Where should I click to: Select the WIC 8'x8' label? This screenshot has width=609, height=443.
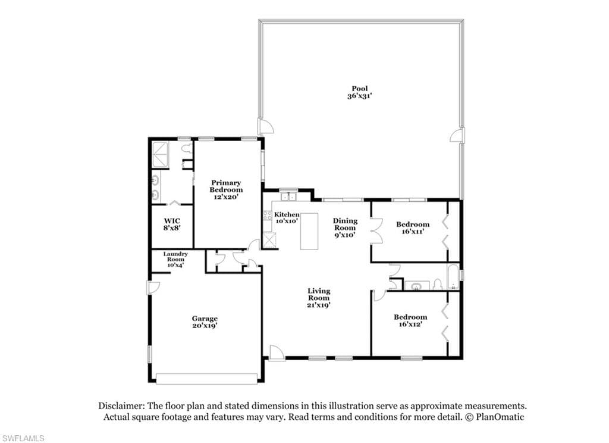coord(172,224)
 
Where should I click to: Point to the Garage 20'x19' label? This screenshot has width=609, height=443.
coord(205,322)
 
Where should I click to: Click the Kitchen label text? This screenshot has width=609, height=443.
coord(287,214)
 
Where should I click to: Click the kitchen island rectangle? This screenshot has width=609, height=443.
coord(309,231)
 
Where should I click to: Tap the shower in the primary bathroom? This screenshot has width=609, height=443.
coord(160,154)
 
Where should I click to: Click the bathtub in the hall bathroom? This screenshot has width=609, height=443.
coord(453,276)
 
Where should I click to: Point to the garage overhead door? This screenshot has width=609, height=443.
coord(206,379)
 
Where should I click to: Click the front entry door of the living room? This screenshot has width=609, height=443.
coord(277,352)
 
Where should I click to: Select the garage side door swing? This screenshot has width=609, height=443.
coord(153,288)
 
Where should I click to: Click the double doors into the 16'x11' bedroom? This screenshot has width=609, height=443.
coord(376,231)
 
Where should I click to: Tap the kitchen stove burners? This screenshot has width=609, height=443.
coord(267,215)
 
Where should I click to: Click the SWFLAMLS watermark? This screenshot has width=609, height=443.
coord(22,438)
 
